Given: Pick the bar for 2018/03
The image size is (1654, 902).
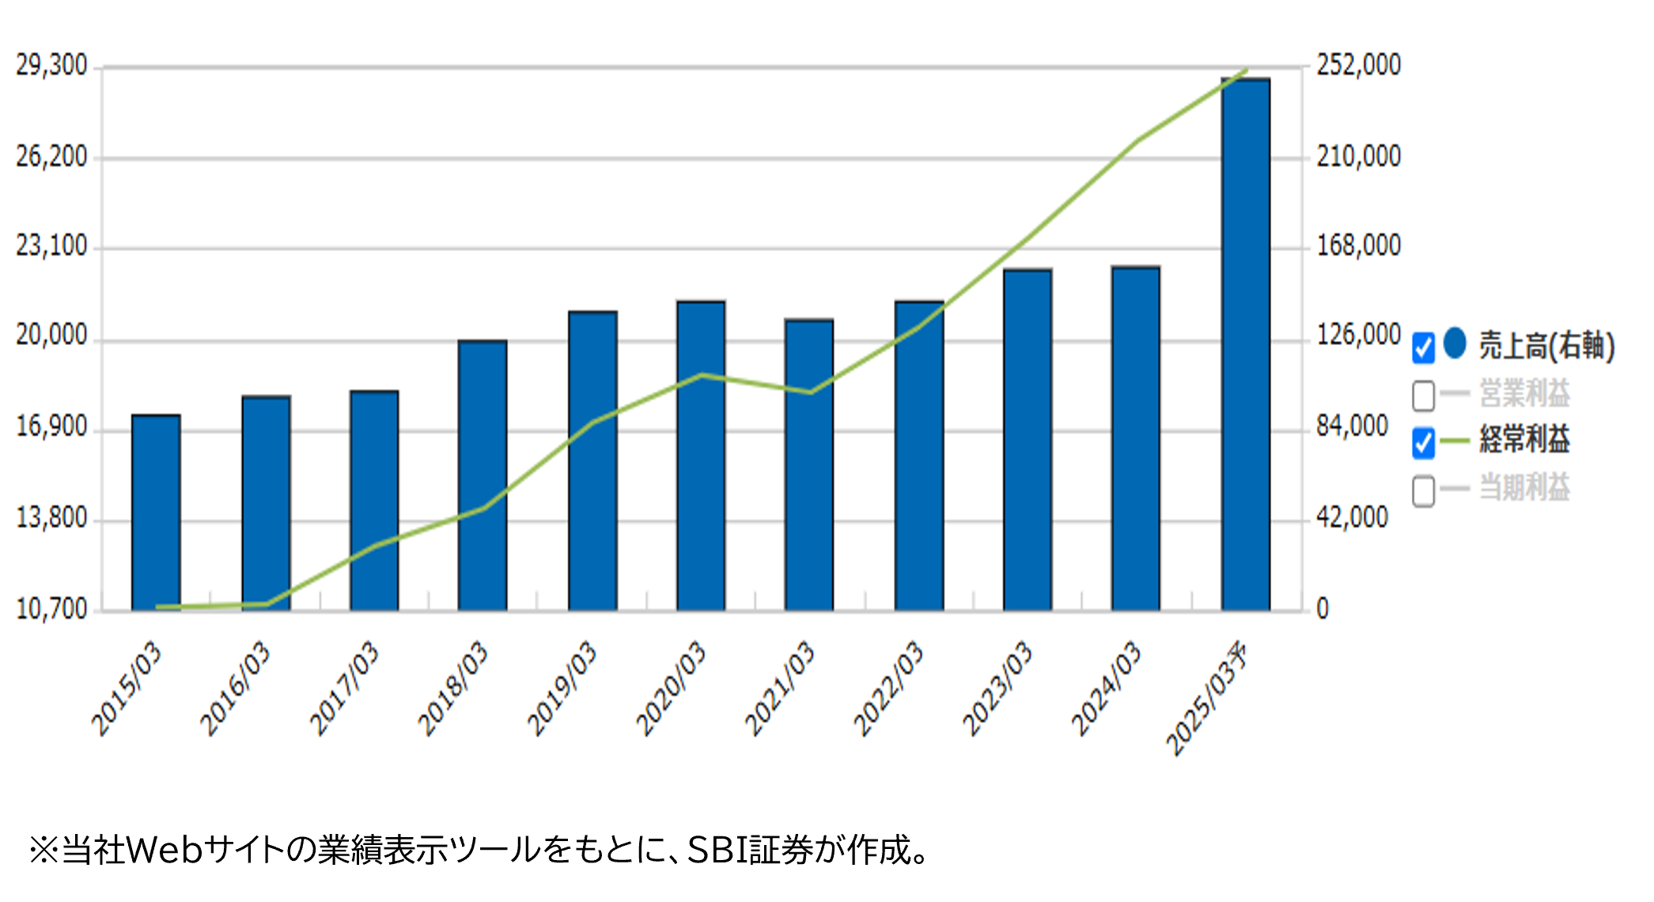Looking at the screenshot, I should [x=483, y=476].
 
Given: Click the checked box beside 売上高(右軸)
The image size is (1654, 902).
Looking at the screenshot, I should [x=1423, y=347].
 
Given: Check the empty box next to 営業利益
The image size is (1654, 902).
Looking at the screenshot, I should [x=1423, y=395].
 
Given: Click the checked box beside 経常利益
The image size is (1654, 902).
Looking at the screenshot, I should [x=1423, y=442].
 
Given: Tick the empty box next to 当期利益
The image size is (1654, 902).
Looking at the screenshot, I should [x=1423, y=490].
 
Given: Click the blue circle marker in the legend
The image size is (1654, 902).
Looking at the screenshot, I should [x=1455, y=343].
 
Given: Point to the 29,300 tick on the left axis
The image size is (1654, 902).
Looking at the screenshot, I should [x=52, y=66].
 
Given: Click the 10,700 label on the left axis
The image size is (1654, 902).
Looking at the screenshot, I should [x=52, y=609].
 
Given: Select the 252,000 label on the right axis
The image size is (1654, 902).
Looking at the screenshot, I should [x=1358, y=66].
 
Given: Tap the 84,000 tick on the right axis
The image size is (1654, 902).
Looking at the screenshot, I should [x=1352, y=427].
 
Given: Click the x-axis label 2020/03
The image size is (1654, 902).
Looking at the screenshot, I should [x=672, y=688].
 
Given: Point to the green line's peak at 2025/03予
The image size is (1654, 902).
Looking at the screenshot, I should [x=1246, y=70].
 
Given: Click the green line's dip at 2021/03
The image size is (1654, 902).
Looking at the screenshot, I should [x=810, y=392].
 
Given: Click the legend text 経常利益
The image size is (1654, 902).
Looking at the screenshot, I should [x=1524, y=440].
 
